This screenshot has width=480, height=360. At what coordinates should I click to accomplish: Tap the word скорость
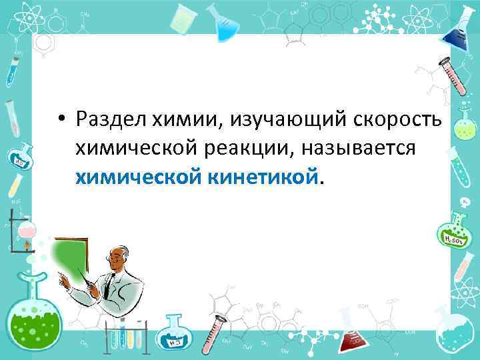point(402,119)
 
